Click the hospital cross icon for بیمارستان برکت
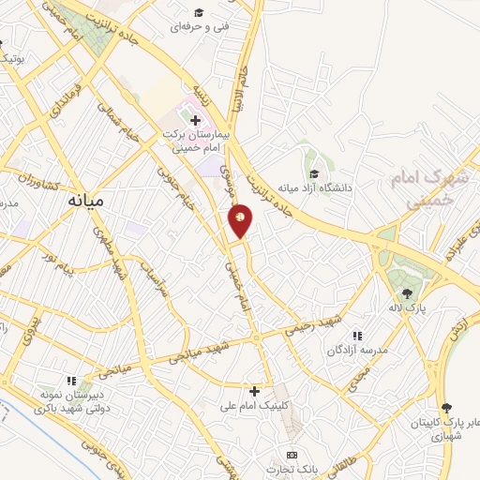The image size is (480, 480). pos(195,119)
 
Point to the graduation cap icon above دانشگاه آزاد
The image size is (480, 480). pos(314,172)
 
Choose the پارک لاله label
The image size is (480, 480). pos(408,308)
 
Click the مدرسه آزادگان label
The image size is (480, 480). pos(356,349)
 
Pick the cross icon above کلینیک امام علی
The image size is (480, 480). pos(254,390)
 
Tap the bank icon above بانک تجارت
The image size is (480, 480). pos(292,454)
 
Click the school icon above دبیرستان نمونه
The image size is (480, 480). pos(70,381)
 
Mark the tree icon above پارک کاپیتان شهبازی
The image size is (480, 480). pos(446,408)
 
